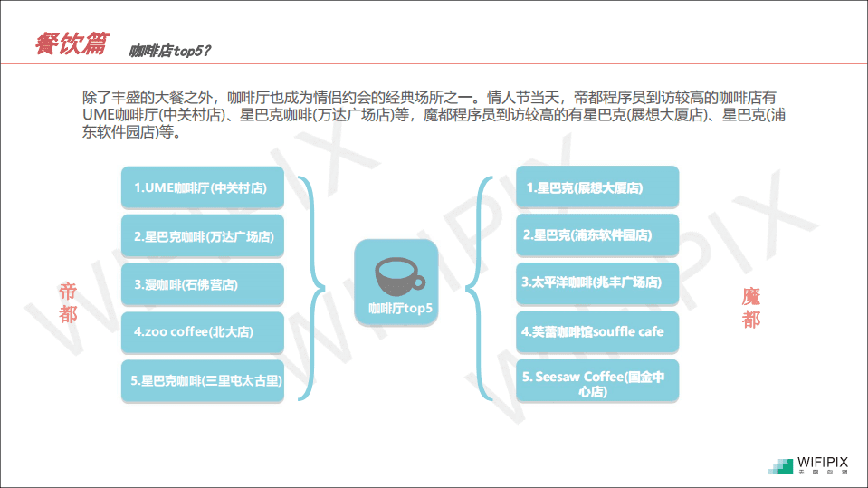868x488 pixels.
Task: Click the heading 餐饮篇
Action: coord(72,43)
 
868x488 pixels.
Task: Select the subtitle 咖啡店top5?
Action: coord(170,51)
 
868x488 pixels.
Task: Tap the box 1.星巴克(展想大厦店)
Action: coord(597,188)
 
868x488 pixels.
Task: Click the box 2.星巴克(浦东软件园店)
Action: coord(597,235)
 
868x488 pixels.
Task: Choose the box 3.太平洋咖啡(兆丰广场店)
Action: coord(597,283)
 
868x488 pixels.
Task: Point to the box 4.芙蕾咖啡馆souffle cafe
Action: coord(597,332)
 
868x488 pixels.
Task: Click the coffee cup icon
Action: coord(399,276)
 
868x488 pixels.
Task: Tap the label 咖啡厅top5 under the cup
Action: coord(400,309)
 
